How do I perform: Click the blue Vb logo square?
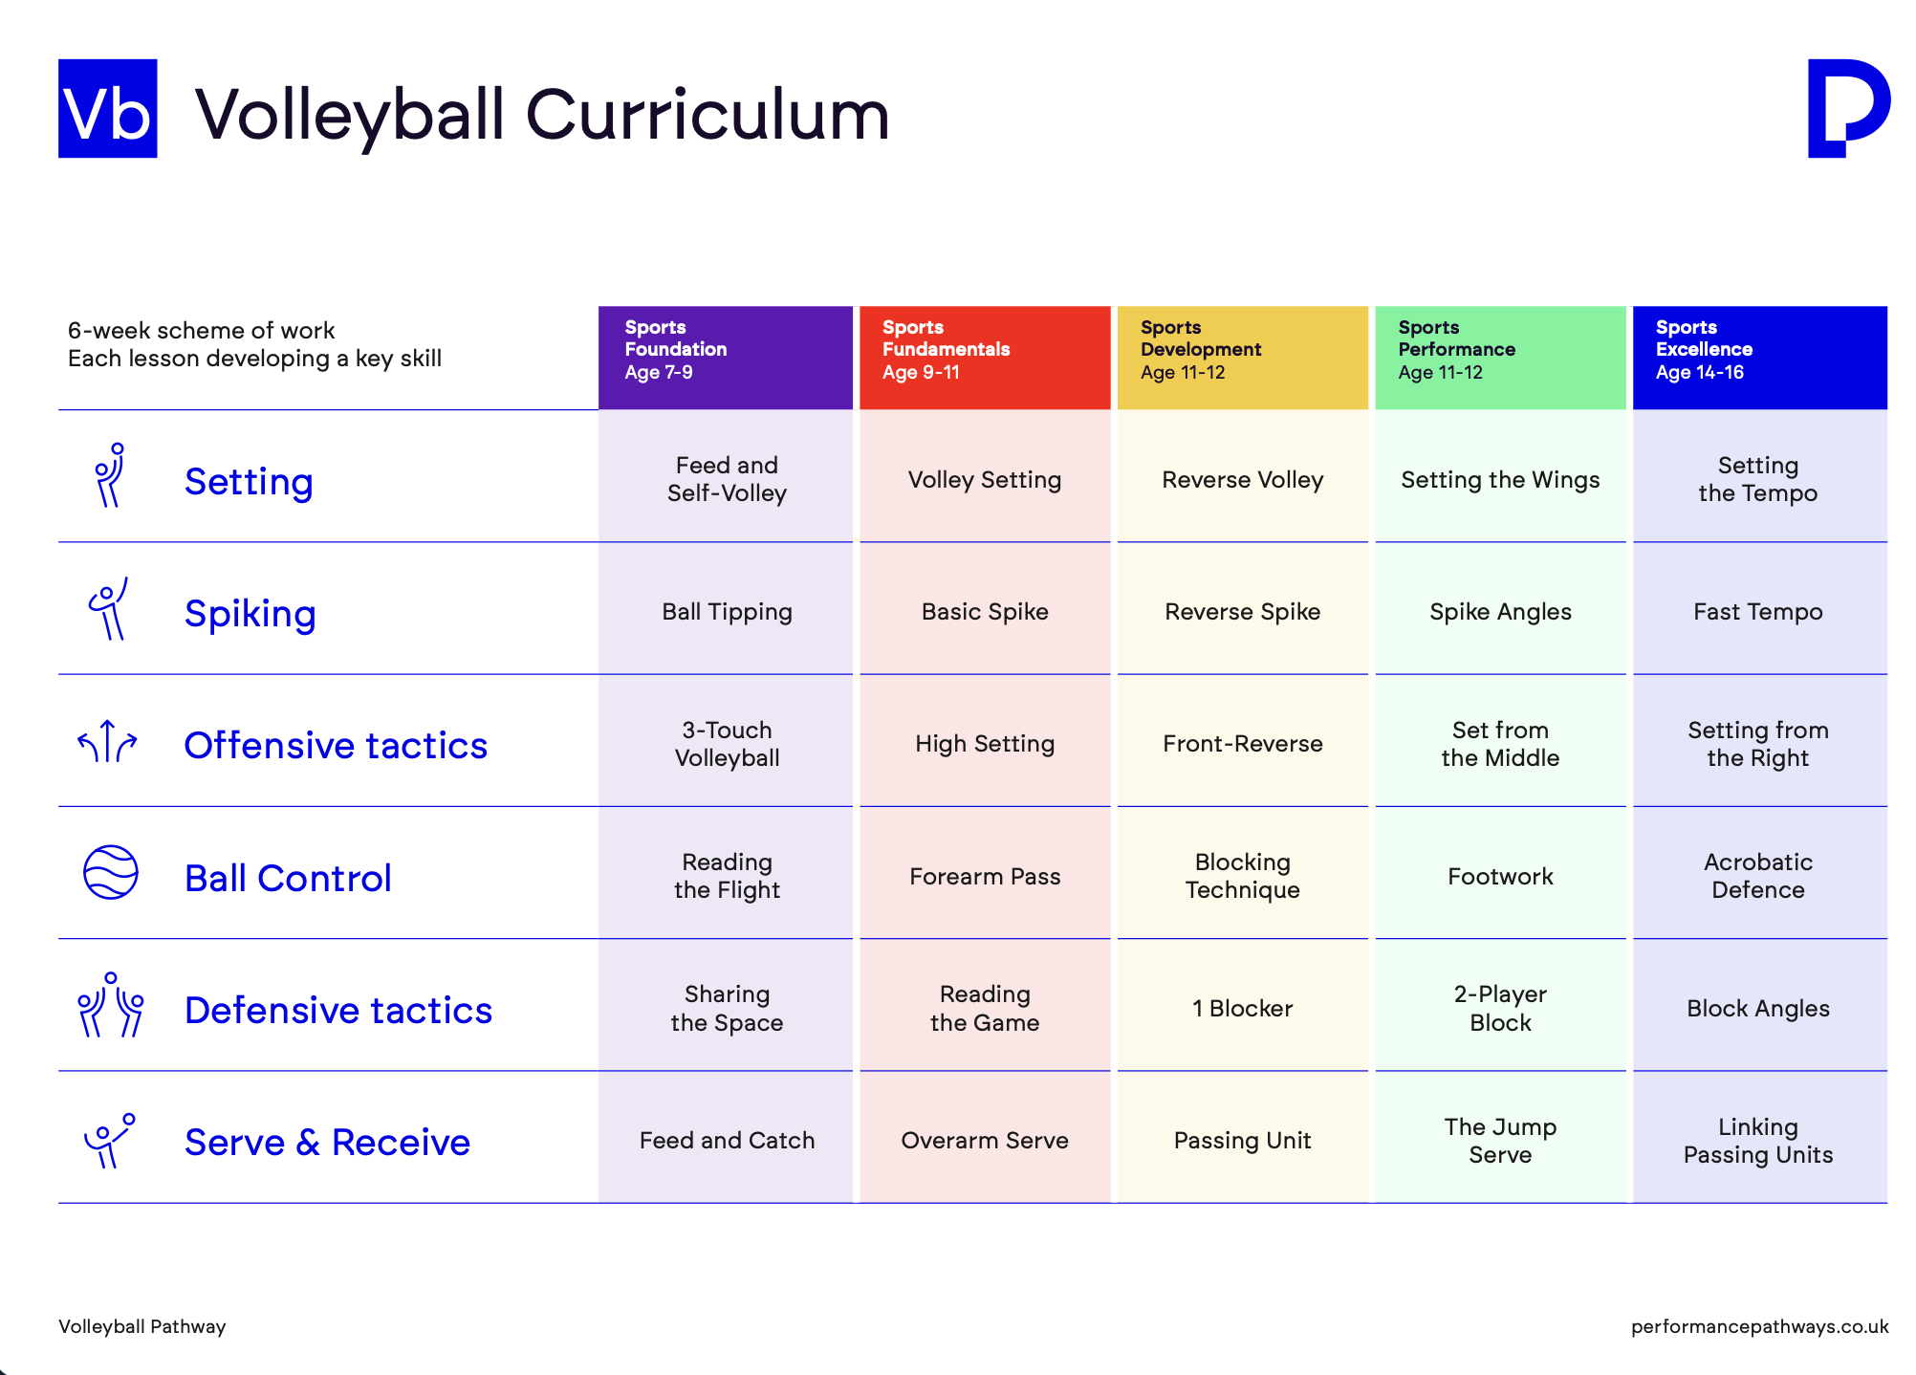108,108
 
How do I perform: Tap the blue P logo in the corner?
1847,108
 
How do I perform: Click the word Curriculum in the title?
708,115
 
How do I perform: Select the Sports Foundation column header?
726,358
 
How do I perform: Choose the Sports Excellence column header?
1760,358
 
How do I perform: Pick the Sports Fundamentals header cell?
985,358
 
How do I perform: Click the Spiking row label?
250,614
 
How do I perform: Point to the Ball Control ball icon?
111,872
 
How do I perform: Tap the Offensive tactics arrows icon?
107,741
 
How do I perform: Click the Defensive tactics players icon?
111,1005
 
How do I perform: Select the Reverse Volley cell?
1243,479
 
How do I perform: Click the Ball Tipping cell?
726,611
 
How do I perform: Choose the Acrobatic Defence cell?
1760,876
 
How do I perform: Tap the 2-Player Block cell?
1501,1008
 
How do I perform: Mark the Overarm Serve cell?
985,1140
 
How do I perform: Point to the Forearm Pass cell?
985,876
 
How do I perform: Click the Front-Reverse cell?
1243,743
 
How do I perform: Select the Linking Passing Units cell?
1760,1140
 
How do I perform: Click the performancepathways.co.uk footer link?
1760,1326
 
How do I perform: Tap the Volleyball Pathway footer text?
142,1326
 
